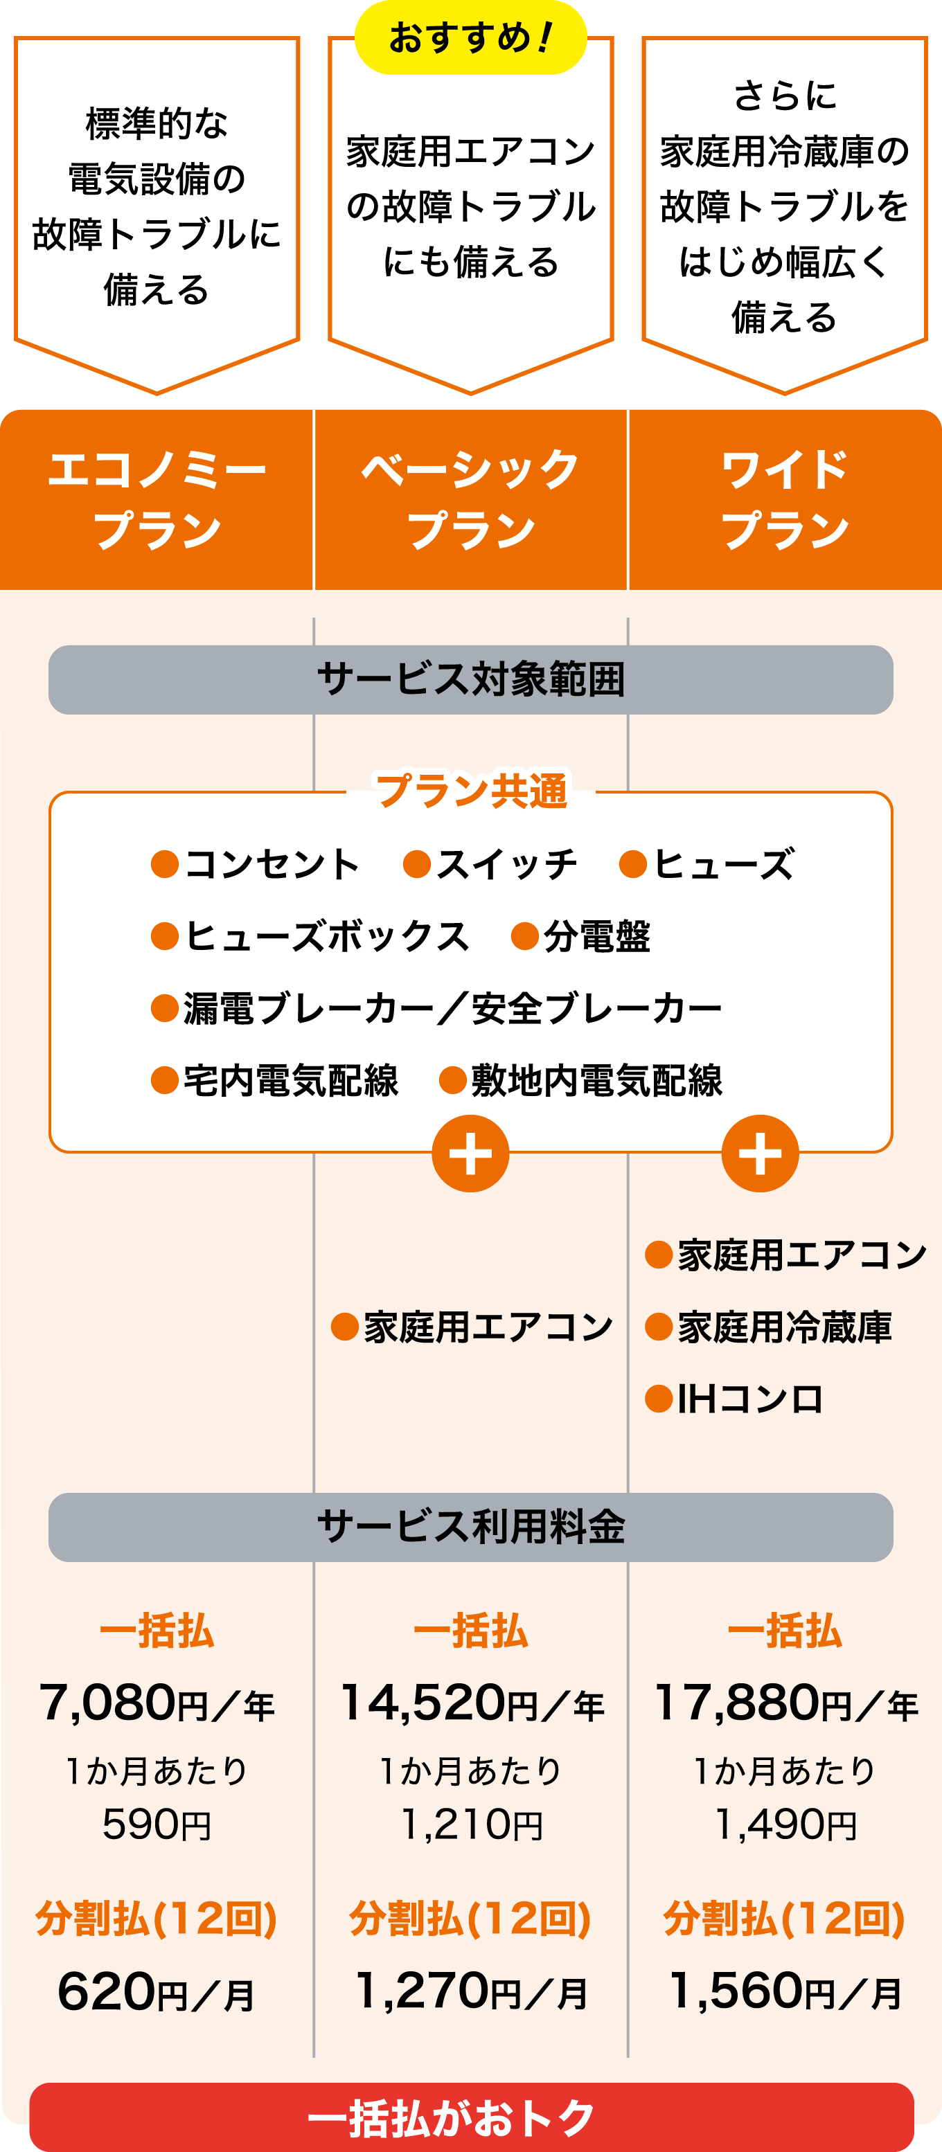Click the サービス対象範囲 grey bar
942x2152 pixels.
point(470,679)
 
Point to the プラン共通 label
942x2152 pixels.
point(470,789)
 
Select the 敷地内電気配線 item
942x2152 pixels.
point(582,1080)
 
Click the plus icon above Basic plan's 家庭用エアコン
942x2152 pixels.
point(470,1154)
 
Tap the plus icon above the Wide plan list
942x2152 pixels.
point(760,1154)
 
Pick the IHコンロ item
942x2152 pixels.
point(736,1399)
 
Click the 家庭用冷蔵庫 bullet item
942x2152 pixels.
point(769,1327)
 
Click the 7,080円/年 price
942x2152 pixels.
point(157,1703)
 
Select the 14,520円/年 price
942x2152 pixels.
point(470,1703)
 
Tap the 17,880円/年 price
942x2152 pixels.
point(785,1703)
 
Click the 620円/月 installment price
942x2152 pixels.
point(157,1993)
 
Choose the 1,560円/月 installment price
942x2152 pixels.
point(785,1993)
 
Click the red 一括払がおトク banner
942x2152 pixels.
point(470,2118)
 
